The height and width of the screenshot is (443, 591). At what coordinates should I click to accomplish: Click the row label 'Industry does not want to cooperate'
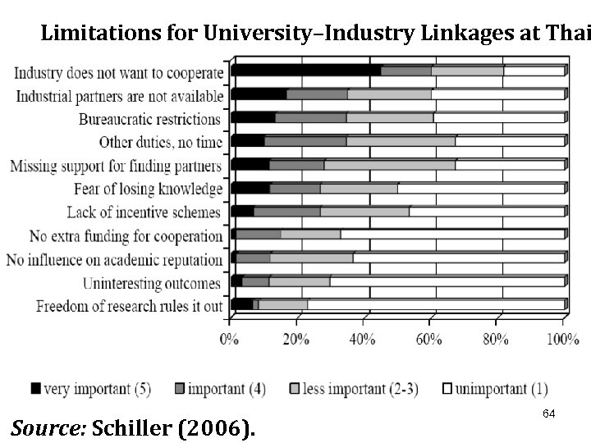point(119,72)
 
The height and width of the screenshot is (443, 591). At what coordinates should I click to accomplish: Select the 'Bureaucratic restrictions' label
point(151,120)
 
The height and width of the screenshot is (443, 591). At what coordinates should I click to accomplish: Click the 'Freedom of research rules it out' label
point(130,308)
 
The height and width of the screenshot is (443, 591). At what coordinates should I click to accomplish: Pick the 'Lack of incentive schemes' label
point(144,213)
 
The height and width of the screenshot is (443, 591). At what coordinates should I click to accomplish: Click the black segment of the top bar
point(305,71)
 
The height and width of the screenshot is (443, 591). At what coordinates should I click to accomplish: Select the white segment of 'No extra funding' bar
point(451,235)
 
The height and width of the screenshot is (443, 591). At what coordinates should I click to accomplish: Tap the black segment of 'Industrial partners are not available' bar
point(259,94)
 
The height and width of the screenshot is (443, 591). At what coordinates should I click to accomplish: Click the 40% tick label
point(363,338)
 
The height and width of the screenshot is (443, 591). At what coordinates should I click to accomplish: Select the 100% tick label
point(563,338)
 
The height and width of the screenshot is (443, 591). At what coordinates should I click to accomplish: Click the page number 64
point(549,414)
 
